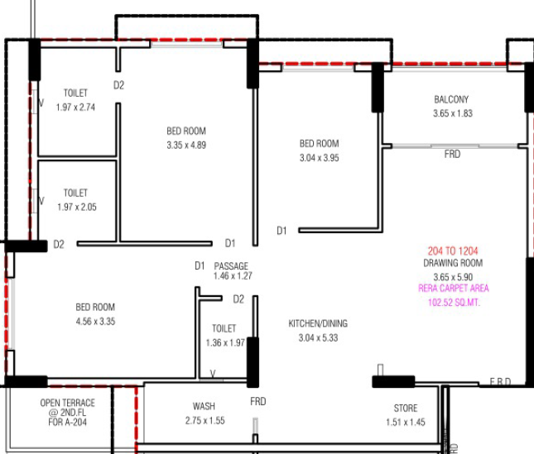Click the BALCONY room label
pyautogui.click(x=451, y=99)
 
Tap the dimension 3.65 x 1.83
pyautogui.click(x=453, y=113)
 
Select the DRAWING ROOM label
pyautogui.click(x=453, y=263)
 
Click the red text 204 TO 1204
pyautogui.click(x=453, y=251)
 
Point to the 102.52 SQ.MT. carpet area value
pyautogui.click(x=454, y=303)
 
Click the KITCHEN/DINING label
pyautogui.click(x=318, y=323)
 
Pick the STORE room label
pyautogui.click(x=406, y=408)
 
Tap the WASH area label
pyautogui.click(x=204, y=406)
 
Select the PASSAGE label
pyautogui.click(x=231, y=266)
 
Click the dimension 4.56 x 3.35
pyautogui.click(x=95, y=322)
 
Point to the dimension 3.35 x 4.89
pyautogui.click(x=186, y=146)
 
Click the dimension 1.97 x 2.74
pyautogui.click(x=75, y=108)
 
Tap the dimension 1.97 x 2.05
pyautogui.click(x=77, y=207)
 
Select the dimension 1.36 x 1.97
pyautogui.click(x=225, y=343)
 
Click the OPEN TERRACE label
pyautogui.click(x=67, y=403)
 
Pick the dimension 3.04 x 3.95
pyautogui.click(x=319, y=158)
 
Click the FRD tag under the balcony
pyautogui.click(x=452, y=155)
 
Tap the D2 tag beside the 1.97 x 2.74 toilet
pyautogui.click(x=119, y=85)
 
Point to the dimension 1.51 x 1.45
pyautogui.click(x=406, y=423)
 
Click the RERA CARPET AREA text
pyautogui.click(x=454, y=289)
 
